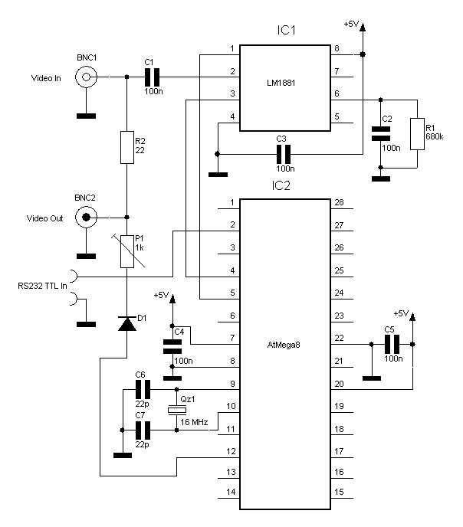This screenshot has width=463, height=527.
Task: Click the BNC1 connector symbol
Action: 85,77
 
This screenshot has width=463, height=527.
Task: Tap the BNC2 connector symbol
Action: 85,218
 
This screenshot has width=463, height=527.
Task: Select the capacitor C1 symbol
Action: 153,77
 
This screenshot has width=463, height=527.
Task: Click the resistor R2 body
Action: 126,147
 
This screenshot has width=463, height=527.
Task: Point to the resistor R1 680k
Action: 417,133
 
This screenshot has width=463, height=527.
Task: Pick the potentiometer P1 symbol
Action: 126,251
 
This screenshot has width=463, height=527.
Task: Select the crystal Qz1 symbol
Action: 176,411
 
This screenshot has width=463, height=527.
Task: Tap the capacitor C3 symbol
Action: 283,154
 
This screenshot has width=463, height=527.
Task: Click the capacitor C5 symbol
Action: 390,345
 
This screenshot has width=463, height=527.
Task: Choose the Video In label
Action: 46,77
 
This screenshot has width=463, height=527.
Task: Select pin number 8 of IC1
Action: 336,49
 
